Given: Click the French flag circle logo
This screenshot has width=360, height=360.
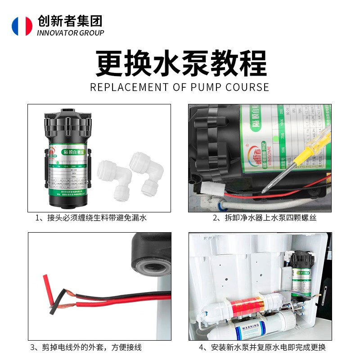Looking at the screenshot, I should coord(22,26).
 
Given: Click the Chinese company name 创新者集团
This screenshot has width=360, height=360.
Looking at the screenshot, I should coord(70,21).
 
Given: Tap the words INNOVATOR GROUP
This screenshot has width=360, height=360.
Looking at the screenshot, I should coord(70,33).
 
